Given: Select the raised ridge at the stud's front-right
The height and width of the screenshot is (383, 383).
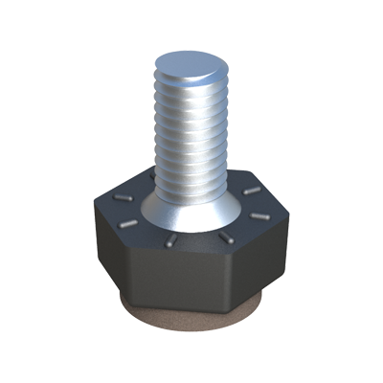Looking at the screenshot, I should click(226, 235).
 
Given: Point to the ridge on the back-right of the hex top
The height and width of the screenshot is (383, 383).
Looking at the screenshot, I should click(252, 191).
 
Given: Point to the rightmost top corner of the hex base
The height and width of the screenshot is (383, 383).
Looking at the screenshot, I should click(286, 212).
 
